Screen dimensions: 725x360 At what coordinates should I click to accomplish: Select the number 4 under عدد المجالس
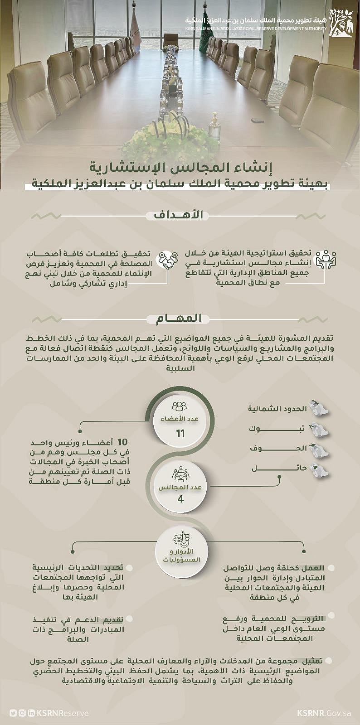tap(180, 499)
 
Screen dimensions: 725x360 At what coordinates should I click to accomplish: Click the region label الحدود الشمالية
tap(277, 408)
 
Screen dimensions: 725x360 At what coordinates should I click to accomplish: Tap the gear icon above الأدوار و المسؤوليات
tap(180, 541)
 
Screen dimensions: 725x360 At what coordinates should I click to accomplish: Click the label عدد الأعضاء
tap(180, 419)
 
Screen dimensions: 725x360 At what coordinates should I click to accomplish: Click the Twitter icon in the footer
tap(13, 713)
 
